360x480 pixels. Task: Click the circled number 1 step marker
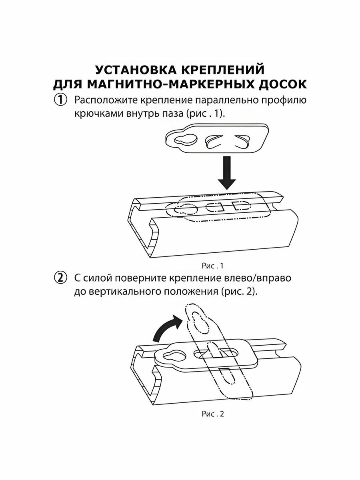(x=61, y=100)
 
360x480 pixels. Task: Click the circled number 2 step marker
(x=61, y=278)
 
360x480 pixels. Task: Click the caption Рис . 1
(x=212, y=265)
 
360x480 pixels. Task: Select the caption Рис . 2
(x=212, y=414)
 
